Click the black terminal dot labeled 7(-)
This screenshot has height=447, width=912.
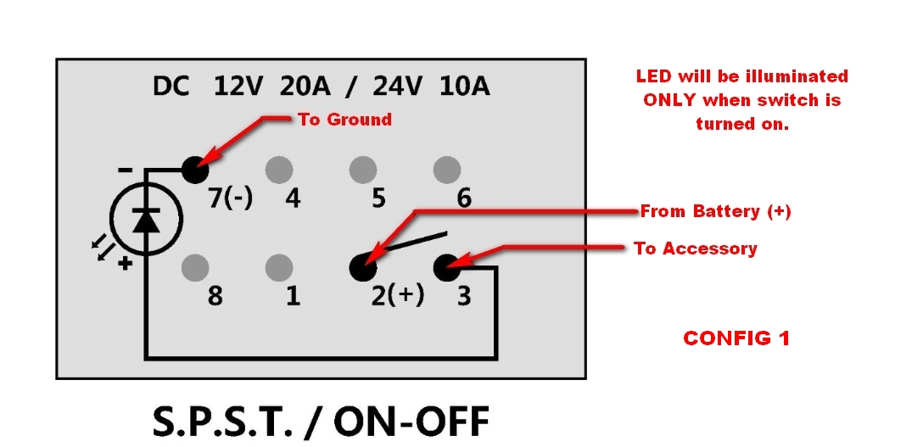[195, 170]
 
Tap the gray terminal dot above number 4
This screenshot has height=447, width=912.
[278, 170]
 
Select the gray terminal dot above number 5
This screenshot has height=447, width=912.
[363, 170]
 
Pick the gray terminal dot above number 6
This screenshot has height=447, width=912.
[447, 170]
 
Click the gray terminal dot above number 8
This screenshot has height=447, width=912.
[195, 268]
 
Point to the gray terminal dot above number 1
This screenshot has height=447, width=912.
[278, 268]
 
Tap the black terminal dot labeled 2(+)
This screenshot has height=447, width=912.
[363, 268]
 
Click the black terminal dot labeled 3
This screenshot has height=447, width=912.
[447, 268]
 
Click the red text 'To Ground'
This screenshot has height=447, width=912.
[345, 120]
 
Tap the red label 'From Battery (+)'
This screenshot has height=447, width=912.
[715, 211]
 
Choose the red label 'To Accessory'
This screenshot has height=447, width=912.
[696, 249]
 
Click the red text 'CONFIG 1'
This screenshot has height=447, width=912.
[736, 338]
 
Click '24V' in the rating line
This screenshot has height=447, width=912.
[397, 87]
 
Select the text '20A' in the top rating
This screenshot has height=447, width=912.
[305, 87]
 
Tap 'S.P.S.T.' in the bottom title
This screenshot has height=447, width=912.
[223, 422]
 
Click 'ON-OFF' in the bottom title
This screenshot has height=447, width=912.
[411, 422]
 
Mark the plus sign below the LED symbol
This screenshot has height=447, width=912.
[125, 264]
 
